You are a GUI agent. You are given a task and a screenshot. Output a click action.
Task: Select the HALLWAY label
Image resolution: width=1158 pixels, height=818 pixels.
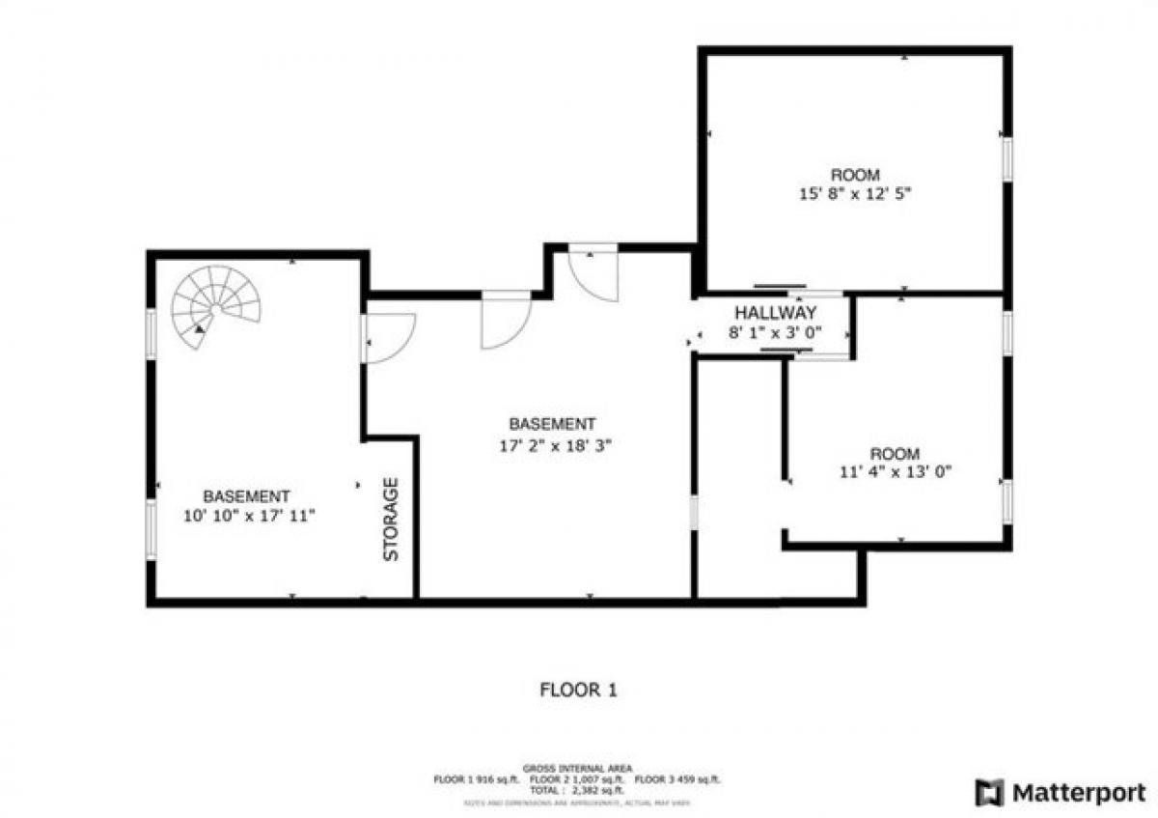pyautogui.click(x=776, y=313)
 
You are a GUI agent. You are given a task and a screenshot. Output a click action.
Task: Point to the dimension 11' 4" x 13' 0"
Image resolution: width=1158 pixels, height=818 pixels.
pyautogui.click(x=896, y=472)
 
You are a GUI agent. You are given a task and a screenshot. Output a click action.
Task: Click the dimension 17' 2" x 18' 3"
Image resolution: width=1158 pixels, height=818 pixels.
pyautogui.click(x=553, y=445)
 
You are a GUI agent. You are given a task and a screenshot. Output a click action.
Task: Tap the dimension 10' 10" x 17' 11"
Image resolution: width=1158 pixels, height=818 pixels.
pyautogui.click(x=249, y=516)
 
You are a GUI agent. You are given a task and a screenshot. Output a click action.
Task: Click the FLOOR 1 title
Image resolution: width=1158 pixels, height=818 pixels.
pyautogui.click(x=578, y=690)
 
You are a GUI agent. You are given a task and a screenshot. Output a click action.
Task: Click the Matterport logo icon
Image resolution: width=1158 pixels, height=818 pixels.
pyautogui.click(x=990, y=793)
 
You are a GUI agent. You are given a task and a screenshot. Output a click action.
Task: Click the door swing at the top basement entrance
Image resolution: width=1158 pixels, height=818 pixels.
pyautogui.click(x=593, y=274)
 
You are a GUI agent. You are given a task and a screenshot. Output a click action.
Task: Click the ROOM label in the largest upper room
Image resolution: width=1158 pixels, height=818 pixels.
pyautogui.click(x=855, y=175)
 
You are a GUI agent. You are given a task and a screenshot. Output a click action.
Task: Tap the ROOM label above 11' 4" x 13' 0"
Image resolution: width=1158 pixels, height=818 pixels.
pyautogui.click(x=895, y=454)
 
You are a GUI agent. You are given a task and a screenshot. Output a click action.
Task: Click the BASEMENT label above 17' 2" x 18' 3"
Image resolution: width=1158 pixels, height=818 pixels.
pyautogui.click(x=552, y=424)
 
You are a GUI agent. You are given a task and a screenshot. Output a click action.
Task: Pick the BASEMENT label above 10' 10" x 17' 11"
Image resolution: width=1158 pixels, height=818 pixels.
pyautogui.click(x=246, y=496)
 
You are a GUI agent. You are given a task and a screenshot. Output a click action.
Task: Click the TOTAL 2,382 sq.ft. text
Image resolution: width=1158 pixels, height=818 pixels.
pyautogui.click(x=576, y=789)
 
